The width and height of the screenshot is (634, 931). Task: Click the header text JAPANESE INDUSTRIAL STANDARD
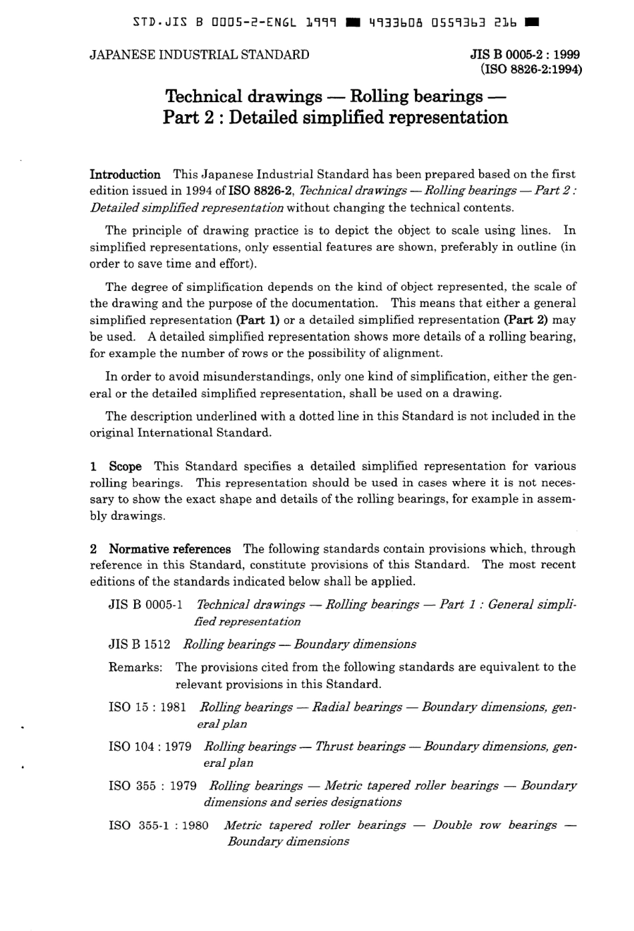(x=199, y=55)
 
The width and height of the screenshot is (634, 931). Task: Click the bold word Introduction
(x=125, y=175)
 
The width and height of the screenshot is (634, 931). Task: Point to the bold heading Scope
(x=125, y=467)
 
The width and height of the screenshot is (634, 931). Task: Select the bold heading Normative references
(x=170, y=549)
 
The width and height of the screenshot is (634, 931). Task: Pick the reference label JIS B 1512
(x=139, y=644)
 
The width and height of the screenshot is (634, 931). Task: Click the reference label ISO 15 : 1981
(x=147, y=707)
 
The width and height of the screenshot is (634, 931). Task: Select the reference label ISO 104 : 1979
(x=149, y=746)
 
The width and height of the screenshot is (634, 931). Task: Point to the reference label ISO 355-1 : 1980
(x=158, y=826)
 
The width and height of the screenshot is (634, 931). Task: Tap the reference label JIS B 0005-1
(x=145, y=605)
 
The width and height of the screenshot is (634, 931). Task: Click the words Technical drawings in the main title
(x=244, y=96)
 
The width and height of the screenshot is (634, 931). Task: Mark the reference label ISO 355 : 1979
(x=152, y=786)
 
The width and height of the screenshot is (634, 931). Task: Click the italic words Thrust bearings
(x=360, y=746)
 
